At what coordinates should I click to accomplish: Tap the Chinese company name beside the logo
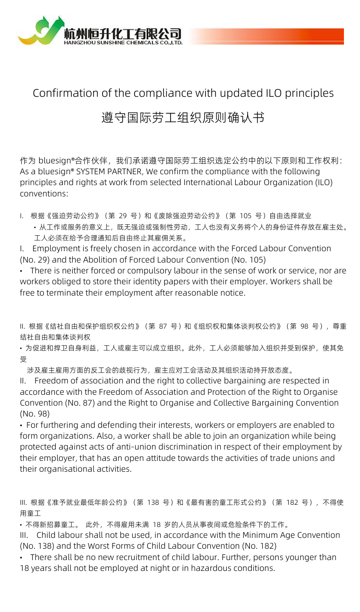[x=123, y=33]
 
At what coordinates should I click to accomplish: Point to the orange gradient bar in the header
[x=266, y=36]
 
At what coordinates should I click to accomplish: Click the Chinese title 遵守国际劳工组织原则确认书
[x=183, y=118]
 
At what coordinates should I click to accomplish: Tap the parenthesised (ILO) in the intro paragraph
[x=323, y=182]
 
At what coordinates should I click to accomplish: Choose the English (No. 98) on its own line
[x=32, y=414]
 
